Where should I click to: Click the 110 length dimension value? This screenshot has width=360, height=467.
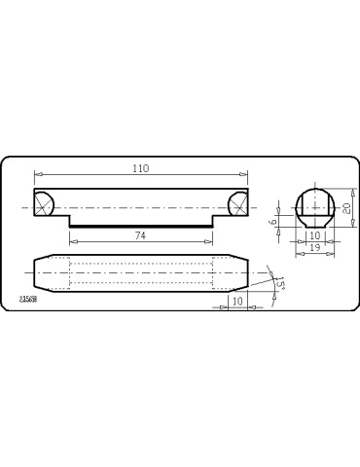140,168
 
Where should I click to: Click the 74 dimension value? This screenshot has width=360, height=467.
140,235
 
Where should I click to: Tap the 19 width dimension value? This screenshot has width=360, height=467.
314,248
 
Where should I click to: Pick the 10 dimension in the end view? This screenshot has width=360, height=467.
314,235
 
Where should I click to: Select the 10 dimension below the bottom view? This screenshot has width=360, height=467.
237,302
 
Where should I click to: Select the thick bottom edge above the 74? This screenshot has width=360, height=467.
140,226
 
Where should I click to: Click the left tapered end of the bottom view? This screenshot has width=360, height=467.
42,272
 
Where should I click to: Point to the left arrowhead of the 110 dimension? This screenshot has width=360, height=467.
37,175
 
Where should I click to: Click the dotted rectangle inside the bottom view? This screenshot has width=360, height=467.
140,272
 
